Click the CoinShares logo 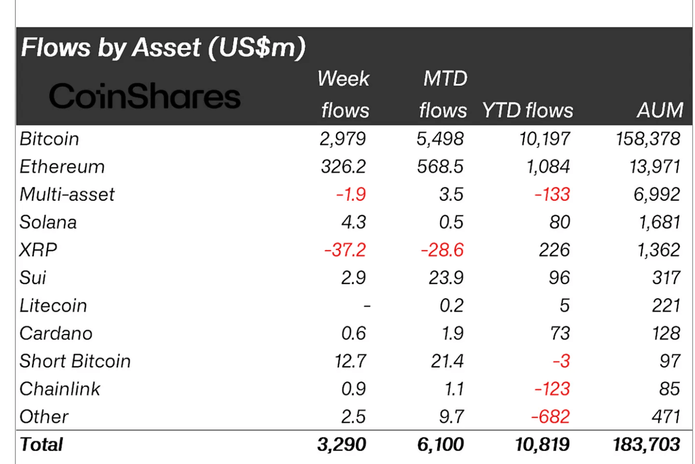click(145, 96)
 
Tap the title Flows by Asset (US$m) click(163, 48)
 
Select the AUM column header click(660, 110)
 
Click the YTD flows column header click(527, 110)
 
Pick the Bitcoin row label click(49, 139)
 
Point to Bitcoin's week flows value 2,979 click(343, 139)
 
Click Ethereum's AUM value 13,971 click(655, 167)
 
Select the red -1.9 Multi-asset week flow click(351, 194)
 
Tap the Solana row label click(48, 222)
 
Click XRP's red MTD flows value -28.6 click(442, 250)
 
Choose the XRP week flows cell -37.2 click(345, 250)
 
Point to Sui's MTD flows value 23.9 click(446, 278)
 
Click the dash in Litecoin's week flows click(367, 306)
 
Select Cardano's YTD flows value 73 click(560, 334)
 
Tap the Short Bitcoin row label click(75, 361)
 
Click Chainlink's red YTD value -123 click(552, 389)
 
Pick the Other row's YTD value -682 click(550, 417)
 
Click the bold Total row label click(42, 445)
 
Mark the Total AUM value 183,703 click(647, 445)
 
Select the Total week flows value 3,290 click(342, 445)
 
